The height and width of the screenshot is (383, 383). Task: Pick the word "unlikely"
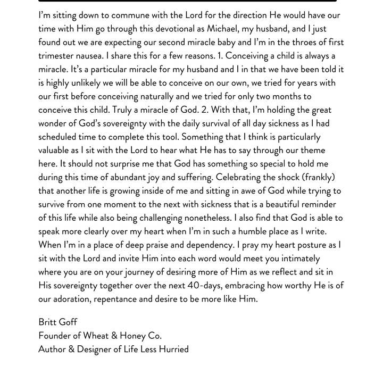pyautogui.click(x=80, y=83)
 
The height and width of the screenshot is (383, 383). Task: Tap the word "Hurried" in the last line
pyautogui.click(x=172, y=349)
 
